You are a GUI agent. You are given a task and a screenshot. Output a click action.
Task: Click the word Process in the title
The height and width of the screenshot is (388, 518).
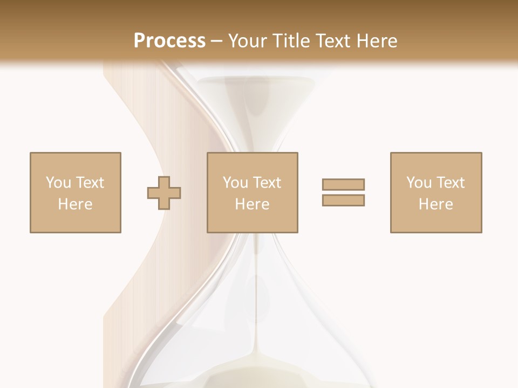[169, 41]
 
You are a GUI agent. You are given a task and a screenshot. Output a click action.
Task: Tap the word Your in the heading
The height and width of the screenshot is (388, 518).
[247, 41]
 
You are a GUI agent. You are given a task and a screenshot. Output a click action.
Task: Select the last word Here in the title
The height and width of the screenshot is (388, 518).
[377, 41]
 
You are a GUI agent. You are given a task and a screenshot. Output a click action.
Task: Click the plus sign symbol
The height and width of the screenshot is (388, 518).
[164, 192]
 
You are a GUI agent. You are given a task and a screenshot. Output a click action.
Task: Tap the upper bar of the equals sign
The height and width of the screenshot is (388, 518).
[343, 184]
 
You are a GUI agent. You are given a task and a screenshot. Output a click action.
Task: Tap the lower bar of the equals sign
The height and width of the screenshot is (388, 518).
[343, 200]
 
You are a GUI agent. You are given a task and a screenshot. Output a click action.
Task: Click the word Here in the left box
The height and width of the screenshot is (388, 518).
[76, 204]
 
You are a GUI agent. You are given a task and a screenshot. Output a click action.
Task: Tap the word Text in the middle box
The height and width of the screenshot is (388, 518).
[267, 183]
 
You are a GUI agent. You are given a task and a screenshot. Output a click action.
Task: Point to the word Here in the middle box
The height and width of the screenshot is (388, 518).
[253, 204]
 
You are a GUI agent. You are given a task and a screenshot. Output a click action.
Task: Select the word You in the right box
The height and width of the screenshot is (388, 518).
[419, 183]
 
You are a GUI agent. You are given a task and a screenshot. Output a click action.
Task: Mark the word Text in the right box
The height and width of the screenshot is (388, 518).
[450, 183]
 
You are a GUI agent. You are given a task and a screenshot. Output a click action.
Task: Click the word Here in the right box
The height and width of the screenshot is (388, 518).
[436, 204]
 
